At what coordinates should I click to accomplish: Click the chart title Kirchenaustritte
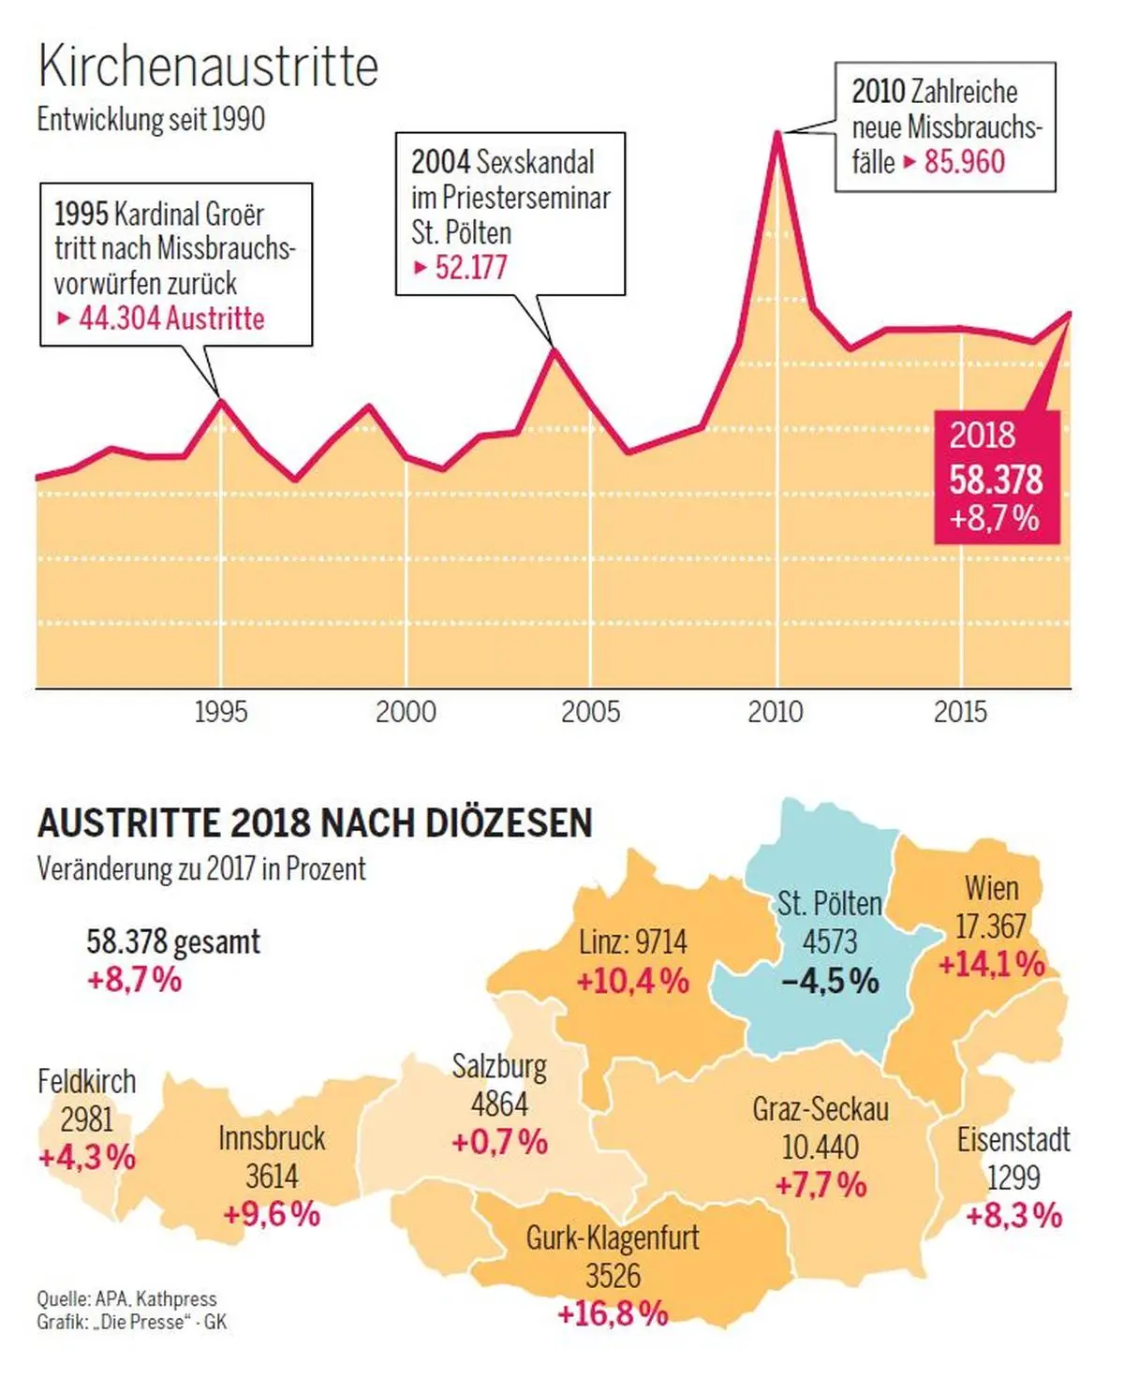(x=208, y=67)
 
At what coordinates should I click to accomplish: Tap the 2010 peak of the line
(x=777, y=133)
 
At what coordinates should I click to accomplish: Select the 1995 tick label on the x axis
(x=221, y=712)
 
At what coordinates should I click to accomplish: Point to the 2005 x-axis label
(x=590, y=712)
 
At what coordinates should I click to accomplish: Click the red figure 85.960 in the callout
(x=964, y=162)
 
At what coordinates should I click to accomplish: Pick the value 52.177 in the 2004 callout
(x=471, y=269)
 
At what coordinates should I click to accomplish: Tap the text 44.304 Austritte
(x=171, y=319)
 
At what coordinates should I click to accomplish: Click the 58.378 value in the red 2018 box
(x=996, y=480)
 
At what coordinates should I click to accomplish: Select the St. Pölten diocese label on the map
(x=830, y=904)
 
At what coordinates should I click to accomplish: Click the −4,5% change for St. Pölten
(x=830, y=981)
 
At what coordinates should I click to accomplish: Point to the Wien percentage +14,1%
(x=991, y=964)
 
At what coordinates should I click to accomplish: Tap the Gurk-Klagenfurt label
(x=613, y=1237)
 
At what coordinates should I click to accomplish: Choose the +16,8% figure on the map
(x=613, y=1313)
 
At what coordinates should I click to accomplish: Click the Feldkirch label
(x=86, y=1082)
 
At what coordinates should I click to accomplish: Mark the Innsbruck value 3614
(x=272, y=1176)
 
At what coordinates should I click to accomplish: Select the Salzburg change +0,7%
(x=499, y=1142)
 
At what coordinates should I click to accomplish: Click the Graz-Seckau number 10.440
(x=821, y=1147)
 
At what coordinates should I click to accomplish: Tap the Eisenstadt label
(x=1013, y=1140)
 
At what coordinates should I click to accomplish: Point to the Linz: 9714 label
(x=633, y=941)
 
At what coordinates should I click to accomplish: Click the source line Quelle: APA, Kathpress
(x=126, y=1299)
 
